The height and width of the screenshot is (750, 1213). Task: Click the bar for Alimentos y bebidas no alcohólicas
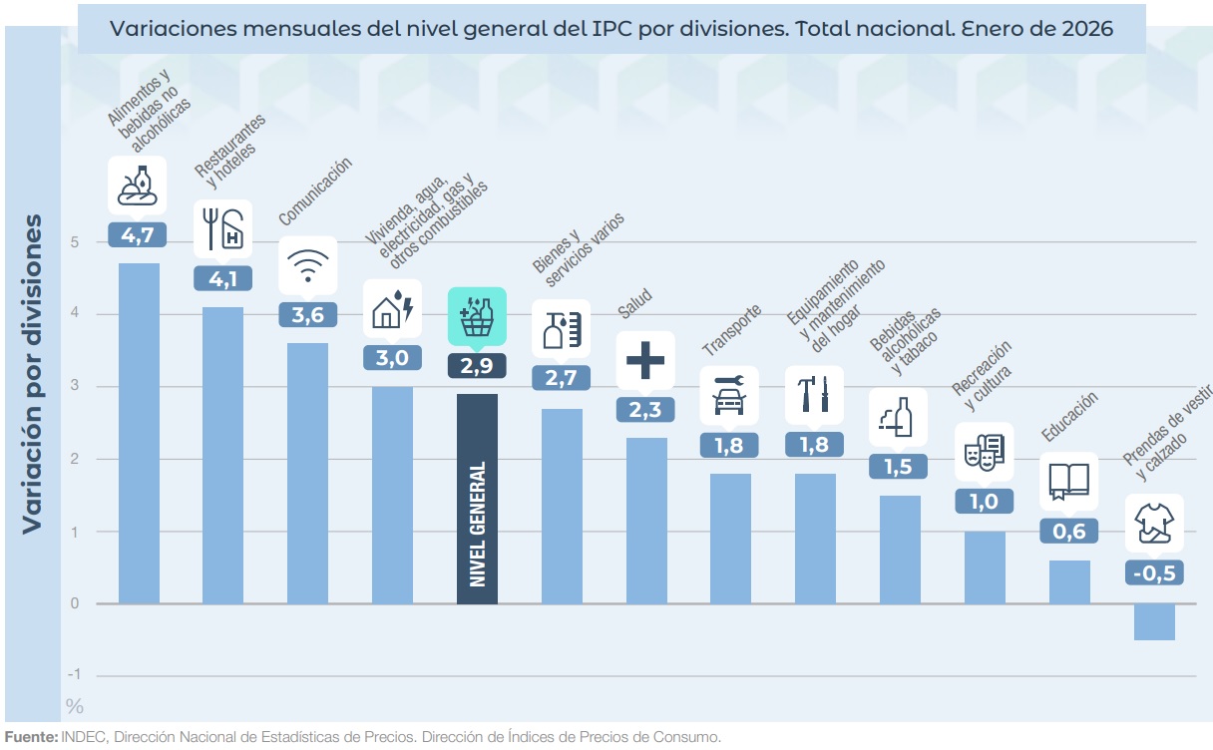pos(139,434)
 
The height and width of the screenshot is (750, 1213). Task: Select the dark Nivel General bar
pos(477,499)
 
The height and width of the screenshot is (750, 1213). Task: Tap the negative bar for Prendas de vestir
pos(1154,622)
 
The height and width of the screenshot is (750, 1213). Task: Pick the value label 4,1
pos(222,278)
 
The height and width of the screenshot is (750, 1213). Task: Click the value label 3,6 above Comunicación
pos(307,314)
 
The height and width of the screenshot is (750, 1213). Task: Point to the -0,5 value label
pos(1154,573)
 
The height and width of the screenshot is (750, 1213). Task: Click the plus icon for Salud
pos(645,360)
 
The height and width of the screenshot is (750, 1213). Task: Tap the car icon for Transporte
pos(730,395)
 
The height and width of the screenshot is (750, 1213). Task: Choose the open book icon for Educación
pos(1068,482)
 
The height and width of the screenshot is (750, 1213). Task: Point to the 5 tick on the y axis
pos(75,242)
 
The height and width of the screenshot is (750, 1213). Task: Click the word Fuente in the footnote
pos(31,737)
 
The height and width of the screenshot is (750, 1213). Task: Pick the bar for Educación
pos(1068,582)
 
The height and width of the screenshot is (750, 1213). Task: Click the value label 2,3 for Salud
pos(645,410)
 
